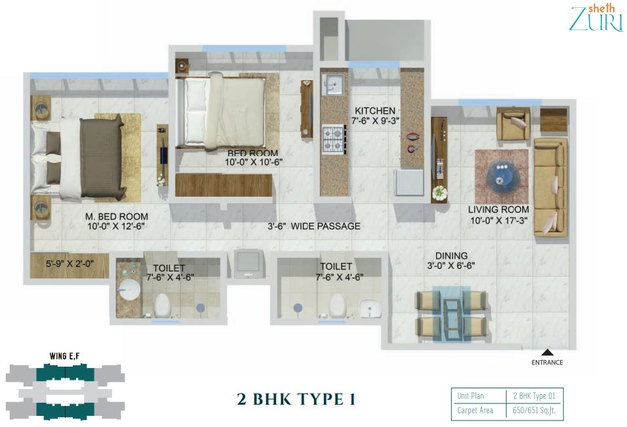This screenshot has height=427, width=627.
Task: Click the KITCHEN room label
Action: pyautogui.click(x=374, y=111)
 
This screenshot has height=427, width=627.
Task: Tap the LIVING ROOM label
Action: pyautogui.click(x=498, y=209)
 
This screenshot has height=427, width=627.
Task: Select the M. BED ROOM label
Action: pyautogui.click(x=116, y=216)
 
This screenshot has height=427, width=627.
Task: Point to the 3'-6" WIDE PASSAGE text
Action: pyautogui.click(x=314, y=226)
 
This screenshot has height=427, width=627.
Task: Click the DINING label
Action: pyautogui.click(x=451, y=256)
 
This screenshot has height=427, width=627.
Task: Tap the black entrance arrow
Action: pyautogui.click(x=548, y=352)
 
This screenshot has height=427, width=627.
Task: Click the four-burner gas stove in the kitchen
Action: pyautogui.click(x=333, y=139)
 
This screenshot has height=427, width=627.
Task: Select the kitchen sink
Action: pyautogui.click(x=333, y=85)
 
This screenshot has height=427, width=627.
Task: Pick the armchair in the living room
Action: pyautogui.click(x=513, y=123)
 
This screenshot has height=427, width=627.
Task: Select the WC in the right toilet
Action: pyautogui.click(x=336, y=306)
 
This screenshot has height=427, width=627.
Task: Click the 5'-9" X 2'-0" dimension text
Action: pyautogui.click(x=70, y=264)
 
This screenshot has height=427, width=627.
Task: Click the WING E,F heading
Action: pyautogui.click(x=65, y=356)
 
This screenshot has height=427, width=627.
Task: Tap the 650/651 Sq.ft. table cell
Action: pyautogui.click(x=535, y=411)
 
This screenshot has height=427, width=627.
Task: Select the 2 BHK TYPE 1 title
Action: pyautogui.click(x=296, y=399)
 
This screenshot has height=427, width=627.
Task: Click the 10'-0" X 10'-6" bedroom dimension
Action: pyautogui.click(x=254, y=162)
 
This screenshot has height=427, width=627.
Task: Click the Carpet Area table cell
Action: pyautogui.click(x=475, y=411)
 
